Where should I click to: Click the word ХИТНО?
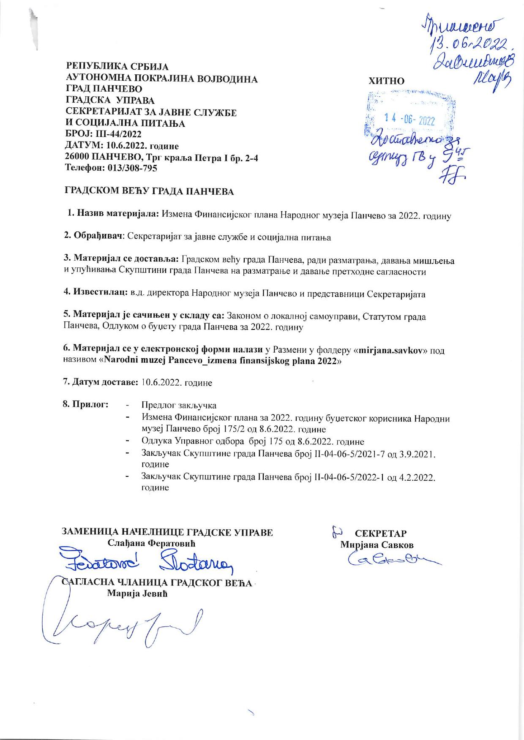coord(386,81)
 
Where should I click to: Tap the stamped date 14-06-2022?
coord(409,120)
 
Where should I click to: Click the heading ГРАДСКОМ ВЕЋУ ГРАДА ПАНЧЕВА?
coord(149,192)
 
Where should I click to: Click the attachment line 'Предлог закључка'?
coord(179,405)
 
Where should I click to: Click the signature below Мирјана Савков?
coord(393,560)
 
